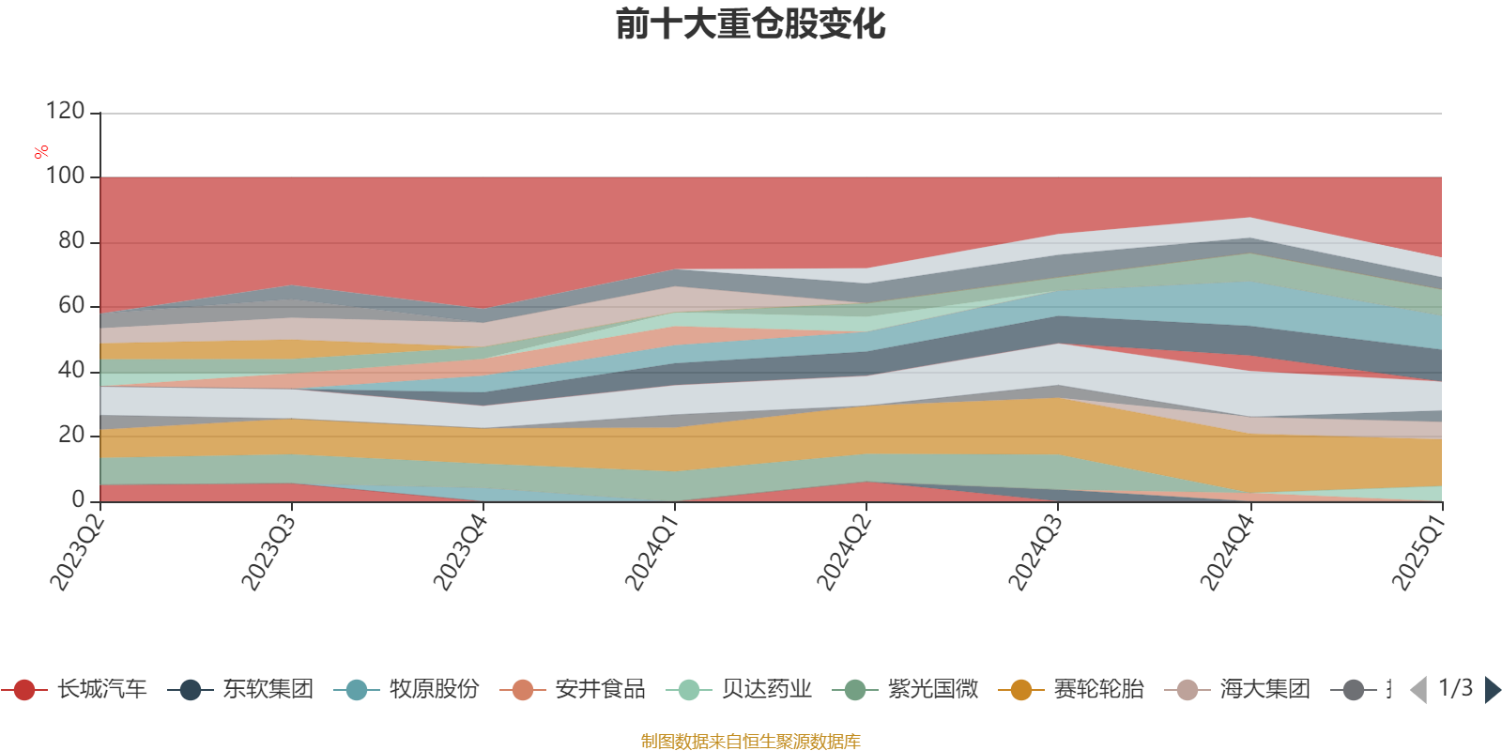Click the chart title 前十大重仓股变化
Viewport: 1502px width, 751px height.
pos(750,24)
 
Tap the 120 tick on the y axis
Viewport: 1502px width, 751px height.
pos(65,111)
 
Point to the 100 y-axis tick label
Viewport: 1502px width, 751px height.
pos(65,176)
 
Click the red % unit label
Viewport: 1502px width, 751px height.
pos(40,152)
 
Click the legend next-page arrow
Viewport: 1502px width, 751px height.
pos(1492,690)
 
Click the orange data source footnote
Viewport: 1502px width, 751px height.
pos(750,742)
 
